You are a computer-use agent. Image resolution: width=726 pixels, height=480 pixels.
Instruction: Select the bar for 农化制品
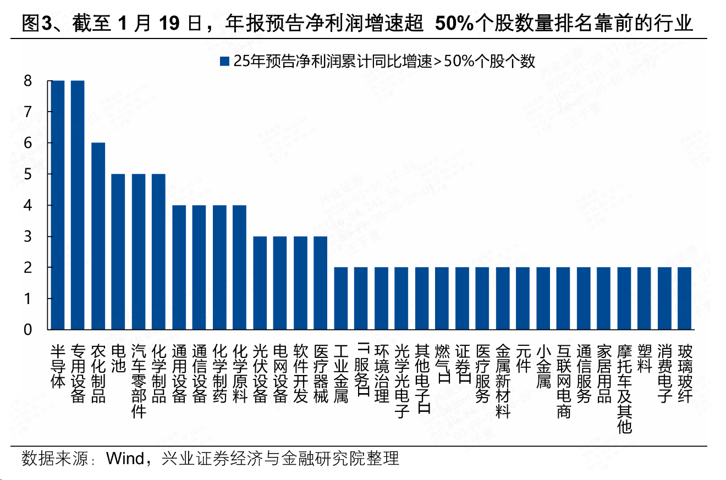point(98,236)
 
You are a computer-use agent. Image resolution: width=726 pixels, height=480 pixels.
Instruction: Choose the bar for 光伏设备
point(260,283)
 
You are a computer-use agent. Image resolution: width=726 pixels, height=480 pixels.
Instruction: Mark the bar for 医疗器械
point(321,283)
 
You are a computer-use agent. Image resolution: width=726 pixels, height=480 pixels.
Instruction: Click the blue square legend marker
point(224,62)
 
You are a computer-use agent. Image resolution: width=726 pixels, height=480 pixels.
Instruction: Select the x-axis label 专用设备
point(78,374)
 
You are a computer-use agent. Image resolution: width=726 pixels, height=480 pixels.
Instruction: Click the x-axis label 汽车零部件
point(139,381)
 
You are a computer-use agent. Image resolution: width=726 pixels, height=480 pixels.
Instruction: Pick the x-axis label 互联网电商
point(563,381)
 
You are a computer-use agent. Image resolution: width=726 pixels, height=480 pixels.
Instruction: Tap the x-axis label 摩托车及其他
point(624,389)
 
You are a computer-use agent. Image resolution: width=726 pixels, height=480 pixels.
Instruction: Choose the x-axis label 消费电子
point(664,374)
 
